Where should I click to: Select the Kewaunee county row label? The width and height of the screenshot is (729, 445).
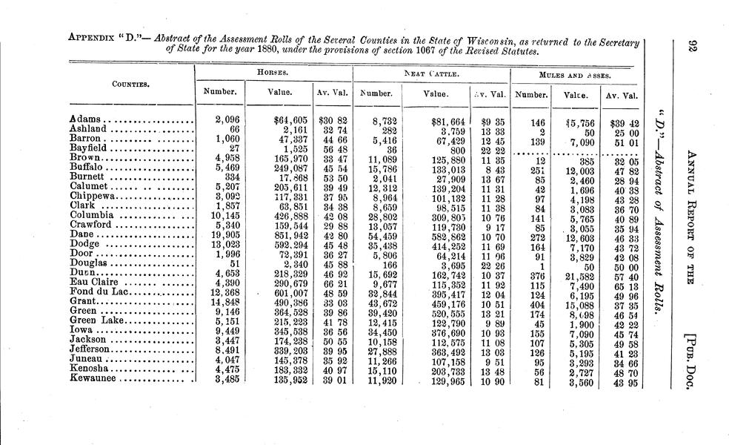96,381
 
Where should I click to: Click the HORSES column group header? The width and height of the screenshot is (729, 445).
272,73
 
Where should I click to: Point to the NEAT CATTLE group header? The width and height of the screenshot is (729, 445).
431,74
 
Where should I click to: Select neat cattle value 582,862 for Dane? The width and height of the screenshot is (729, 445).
446,235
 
